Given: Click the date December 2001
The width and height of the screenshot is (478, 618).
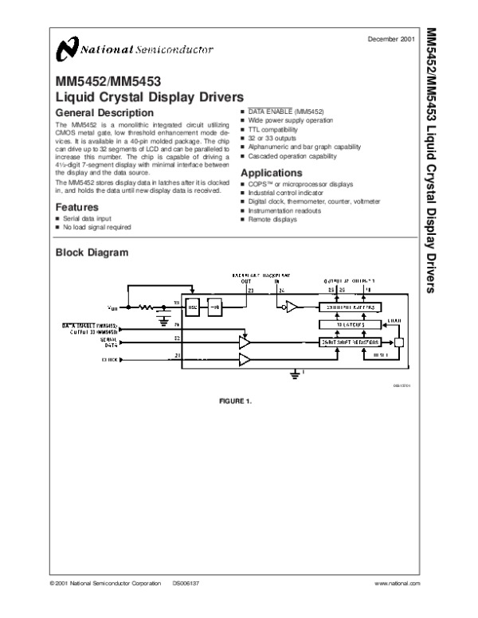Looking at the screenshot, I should pyautogui.click(x=393, y=39).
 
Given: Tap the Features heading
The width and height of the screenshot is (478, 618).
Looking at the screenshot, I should pyautogui.click(x=76, y=207).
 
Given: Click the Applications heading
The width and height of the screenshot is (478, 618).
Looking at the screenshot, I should pyautogui.click(x=271, y=173).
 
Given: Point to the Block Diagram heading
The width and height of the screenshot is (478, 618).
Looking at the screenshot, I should pyautogui.click(x=92, y=253).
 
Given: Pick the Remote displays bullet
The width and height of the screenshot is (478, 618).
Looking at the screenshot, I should pyautogui.click(x=272, y=219).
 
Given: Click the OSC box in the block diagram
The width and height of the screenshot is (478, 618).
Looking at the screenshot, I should pyautogui.click(x=193, y=307).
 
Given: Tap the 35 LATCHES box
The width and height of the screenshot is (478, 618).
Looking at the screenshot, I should pyautogui.click(x=347, y=324).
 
